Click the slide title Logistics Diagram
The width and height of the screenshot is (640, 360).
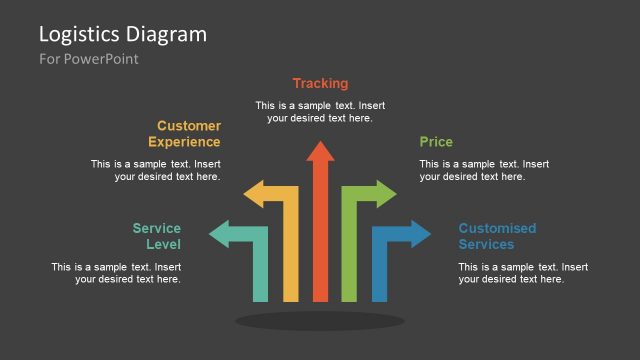[x=123, y=34]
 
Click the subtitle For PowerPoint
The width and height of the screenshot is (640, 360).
[x=89, y=59]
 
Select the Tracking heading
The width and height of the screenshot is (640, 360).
[x=320, y=83]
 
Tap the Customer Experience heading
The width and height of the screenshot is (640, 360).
[x=189, y=134]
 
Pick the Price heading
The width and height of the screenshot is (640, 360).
[x=436, y=142]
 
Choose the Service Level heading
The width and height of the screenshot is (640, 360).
[x=157, y=236]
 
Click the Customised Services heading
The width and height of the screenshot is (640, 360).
[x=497, y=236]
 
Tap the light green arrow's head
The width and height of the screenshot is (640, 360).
[x=384, y=194]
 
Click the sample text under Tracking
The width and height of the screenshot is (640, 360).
[x=320, y=111]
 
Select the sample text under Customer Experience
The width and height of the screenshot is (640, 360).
[x=156, y=170]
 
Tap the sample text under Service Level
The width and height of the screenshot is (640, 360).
[x=117, y=273]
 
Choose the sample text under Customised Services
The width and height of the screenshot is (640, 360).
[x=523, y=273]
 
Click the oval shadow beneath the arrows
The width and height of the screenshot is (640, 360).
[x=320, y=321]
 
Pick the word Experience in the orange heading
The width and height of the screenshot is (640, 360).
[x=184, y=142]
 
